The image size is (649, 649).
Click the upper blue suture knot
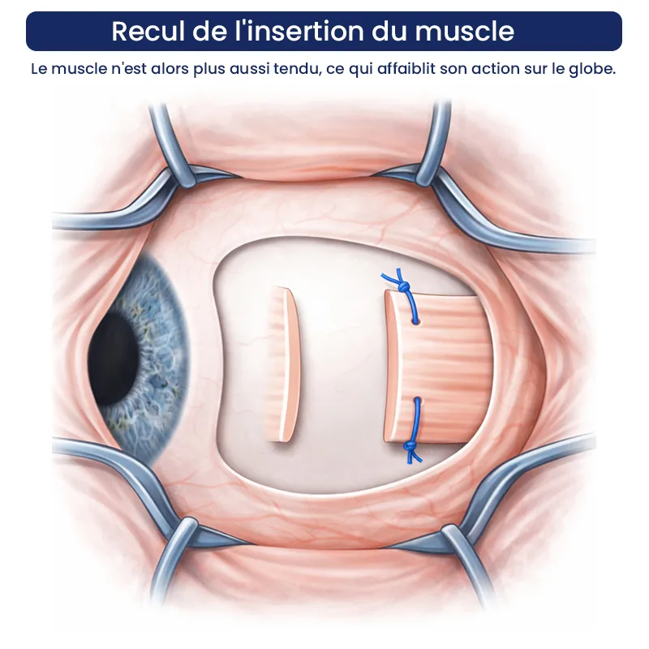404,286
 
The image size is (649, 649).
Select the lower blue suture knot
410,445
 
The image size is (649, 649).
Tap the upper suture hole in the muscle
415,320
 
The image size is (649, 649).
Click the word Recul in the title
149,31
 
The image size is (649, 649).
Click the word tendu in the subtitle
298,69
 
